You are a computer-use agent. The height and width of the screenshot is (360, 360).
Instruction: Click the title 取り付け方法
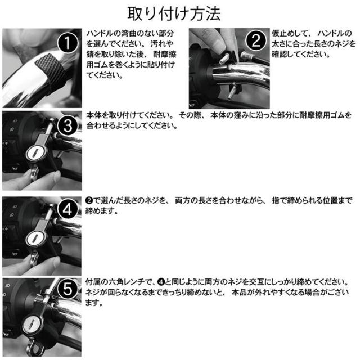[x=174, y=13]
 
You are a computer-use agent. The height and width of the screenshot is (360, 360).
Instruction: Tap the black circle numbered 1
[x=67, y=43]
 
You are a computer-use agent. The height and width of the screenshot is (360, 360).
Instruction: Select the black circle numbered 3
[x=67, y=125]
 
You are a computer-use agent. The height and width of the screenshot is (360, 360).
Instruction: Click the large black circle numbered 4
[x=67, y=209]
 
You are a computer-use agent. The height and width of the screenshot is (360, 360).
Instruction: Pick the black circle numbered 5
[x=67, y=289]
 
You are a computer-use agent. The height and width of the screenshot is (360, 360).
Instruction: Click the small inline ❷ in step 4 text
[x=89, y=201]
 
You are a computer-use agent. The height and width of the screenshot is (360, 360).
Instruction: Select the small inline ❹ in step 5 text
[x=161, y=282]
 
